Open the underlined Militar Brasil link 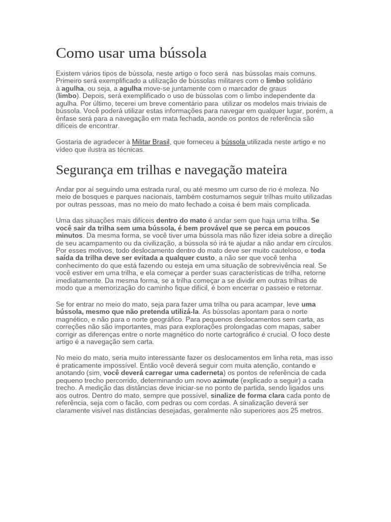point(151,142)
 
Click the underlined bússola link point(234,142)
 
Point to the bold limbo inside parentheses point(66,95)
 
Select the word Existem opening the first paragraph point(69,73)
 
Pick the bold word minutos point(69,236)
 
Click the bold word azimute point(226,380)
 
